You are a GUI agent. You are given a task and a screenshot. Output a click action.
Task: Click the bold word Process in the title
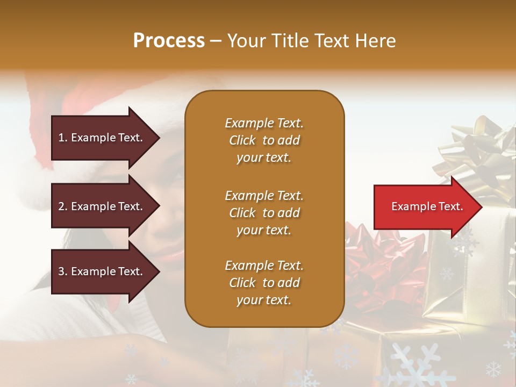[169, 41]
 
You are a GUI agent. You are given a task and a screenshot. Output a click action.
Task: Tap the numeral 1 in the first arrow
[61, 138]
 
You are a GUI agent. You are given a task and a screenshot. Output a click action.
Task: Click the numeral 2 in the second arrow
[61, 206]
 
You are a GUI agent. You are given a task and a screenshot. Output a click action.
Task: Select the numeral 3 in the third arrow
[61, 271]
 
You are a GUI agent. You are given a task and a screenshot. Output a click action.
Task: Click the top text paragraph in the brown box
[264, 140]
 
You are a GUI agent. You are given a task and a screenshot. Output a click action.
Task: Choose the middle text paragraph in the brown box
[264, 213]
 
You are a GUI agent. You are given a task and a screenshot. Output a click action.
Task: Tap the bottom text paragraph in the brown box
[264, 283]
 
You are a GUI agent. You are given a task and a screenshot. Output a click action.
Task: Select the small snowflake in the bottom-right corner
[493, 369]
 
